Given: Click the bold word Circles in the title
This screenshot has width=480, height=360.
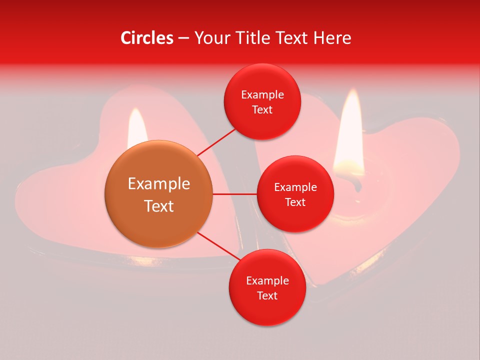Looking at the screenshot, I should (147, 38).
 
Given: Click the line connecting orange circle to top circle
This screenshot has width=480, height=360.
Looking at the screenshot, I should (216, 142).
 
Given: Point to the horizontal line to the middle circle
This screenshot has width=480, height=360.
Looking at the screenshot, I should (234, 194).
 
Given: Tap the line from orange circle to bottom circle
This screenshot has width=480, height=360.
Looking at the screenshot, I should (216, 246).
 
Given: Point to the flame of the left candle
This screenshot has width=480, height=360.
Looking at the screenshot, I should (137, 127).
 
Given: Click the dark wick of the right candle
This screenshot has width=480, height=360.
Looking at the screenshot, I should (357, 185).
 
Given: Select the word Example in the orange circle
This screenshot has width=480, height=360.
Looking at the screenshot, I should (159, 184).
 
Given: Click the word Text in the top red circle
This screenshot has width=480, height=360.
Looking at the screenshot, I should (262, 110).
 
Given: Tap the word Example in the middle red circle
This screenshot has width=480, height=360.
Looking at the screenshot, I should (295, 187).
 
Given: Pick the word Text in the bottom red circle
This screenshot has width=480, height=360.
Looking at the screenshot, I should (267, 295).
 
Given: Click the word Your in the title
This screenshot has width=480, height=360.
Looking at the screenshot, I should (212, 38).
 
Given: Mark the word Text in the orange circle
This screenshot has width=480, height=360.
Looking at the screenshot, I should (159, 206).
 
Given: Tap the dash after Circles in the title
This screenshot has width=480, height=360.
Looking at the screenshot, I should (183, 38).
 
